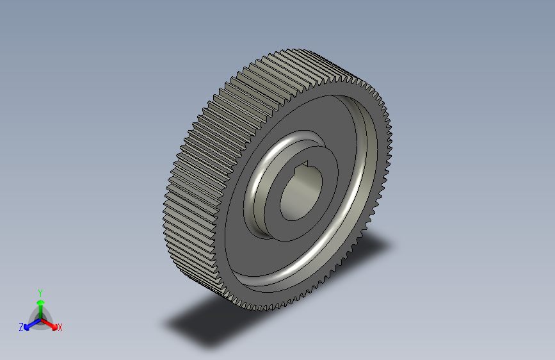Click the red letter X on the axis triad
[60, 327]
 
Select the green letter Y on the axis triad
[40, 291]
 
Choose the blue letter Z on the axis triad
[21, 327]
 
